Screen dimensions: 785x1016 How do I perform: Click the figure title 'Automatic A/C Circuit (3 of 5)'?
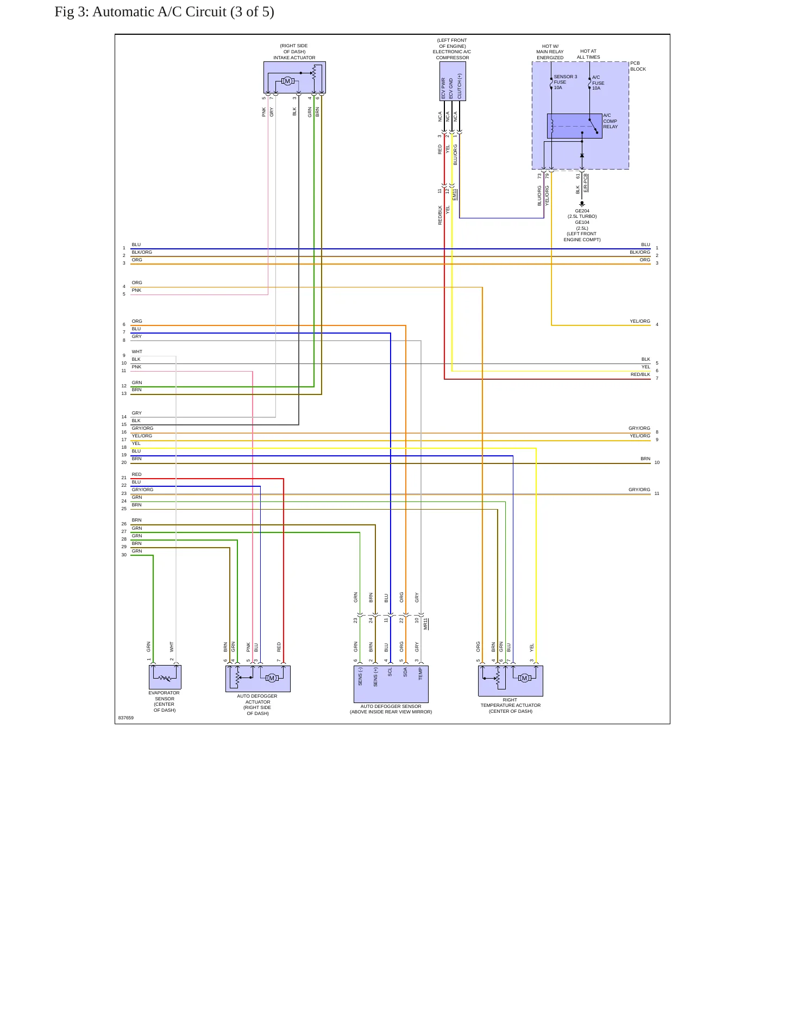point(183,12)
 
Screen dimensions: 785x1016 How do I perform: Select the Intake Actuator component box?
point(294,77)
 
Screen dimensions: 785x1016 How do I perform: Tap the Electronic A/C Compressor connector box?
point(453,81)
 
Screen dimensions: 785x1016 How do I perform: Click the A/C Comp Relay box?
point(574,126)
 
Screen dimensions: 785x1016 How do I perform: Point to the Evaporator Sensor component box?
point(165,678)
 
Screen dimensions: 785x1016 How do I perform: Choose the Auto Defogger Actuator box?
point(258,679)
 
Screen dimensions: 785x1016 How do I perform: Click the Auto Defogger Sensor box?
point(391,684)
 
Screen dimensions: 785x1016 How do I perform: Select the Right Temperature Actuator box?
point(511,681)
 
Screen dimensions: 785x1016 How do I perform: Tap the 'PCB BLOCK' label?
point(638,66)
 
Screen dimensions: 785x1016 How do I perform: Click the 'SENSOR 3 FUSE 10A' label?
point(566,82)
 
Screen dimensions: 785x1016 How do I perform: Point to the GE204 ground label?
point(582,211)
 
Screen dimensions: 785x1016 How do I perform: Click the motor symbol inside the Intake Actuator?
point(287,81)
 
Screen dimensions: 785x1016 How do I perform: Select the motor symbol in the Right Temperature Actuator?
point(524,678)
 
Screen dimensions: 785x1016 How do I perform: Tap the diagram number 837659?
point(126,718)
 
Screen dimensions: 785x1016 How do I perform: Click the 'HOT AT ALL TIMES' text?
point(588,54)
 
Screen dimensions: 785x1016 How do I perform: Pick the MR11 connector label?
point(426,624)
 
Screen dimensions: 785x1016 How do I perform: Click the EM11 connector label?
point(455,195)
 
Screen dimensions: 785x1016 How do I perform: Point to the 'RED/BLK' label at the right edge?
point(640,374)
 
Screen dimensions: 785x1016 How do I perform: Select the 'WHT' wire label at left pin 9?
point(137,352)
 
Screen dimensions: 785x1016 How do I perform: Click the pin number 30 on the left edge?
point(124,555)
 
